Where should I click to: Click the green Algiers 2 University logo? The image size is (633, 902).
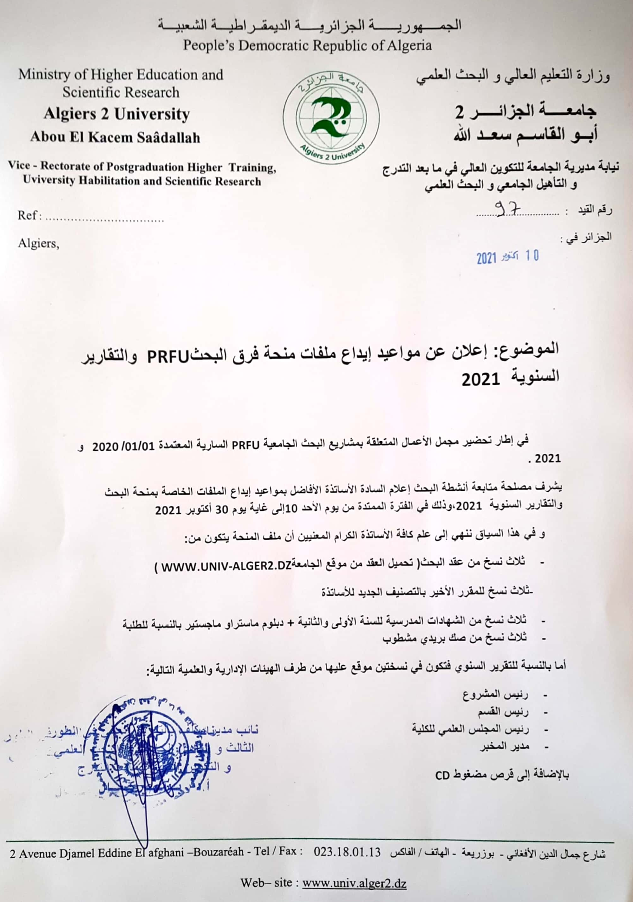(x=331, y=117)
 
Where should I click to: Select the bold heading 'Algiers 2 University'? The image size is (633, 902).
(x=116, y=114)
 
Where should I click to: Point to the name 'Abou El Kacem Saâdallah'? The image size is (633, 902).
(x=115, y=137)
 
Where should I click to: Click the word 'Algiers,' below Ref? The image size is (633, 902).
(x=38, y=243)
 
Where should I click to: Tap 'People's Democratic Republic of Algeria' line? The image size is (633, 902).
(x=307, y=45)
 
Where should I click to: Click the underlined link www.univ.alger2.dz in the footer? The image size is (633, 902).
(x=354, y=883)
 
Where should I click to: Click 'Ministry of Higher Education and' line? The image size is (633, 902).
(x=120, y=75)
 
